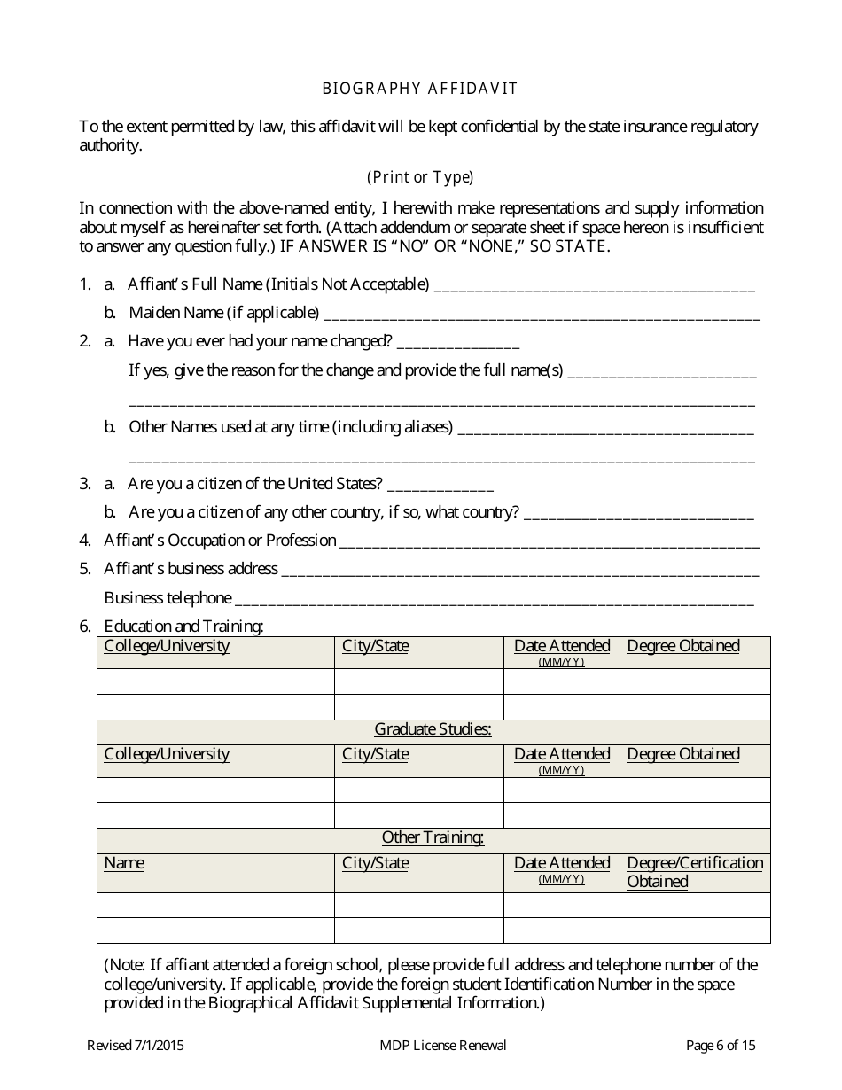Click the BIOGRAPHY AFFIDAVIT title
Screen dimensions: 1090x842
(x=420, y=89)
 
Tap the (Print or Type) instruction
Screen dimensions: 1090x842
(x=420, y=177)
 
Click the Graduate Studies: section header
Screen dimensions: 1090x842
(x=433, y=730)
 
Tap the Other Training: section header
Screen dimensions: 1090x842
(x=433, y=838)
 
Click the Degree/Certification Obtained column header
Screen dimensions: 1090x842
(x=694, y=872)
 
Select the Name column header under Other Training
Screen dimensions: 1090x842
(x=124, y=863)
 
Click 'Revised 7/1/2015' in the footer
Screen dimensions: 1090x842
(x=136, y=1046)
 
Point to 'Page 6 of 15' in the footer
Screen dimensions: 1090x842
(x=721, y=1046)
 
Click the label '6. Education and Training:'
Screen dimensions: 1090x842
(x=183, y=627)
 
